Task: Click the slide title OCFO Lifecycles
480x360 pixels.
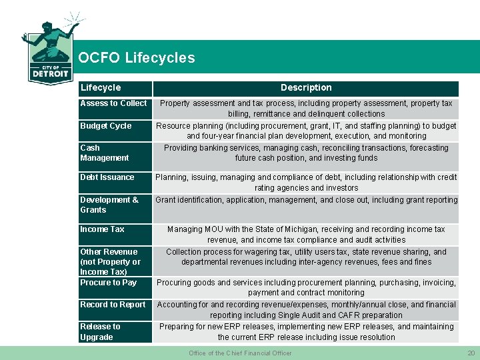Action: pyautogui.click(x=137, y=58)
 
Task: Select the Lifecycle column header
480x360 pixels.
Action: pyautogui.click(x=101, y=88)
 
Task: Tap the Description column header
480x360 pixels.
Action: pyautogui.click(x=306, y=88)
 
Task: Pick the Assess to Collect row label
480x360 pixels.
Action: pyautogui.click(x=113, y=103)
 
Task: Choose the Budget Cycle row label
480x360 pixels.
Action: pyautogui.click(x=106, y=126)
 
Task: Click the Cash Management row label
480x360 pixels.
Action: pyautogui.click(x=105, y=153)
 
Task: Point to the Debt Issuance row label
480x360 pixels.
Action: pyautogui.click(x=107, y=177)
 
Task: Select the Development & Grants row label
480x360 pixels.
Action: pyautogui.click(x=110, y=205)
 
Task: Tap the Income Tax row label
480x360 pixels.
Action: pyautogui.click(x=103, y=229)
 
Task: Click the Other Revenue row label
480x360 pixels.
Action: pyautogui.click(x=111, y=261)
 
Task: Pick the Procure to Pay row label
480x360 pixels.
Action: pyautogui.click(x=109, y=283)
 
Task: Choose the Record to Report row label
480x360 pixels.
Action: pyautogui.click(x=113, y=305)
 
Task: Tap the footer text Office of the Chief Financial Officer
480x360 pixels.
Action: pyautogui.click(x=240, y=353)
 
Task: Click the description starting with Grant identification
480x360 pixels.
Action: pyautogui.click(x=307, y=200)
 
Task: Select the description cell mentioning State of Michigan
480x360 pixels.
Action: pyautogui.click(x=306, y=235)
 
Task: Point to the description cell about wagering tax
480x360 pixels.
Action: pyautogui.click(x=306, y=257)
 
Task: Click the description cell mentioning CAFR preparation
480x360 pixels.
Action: pyautogui.click(x=306, y=310)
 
